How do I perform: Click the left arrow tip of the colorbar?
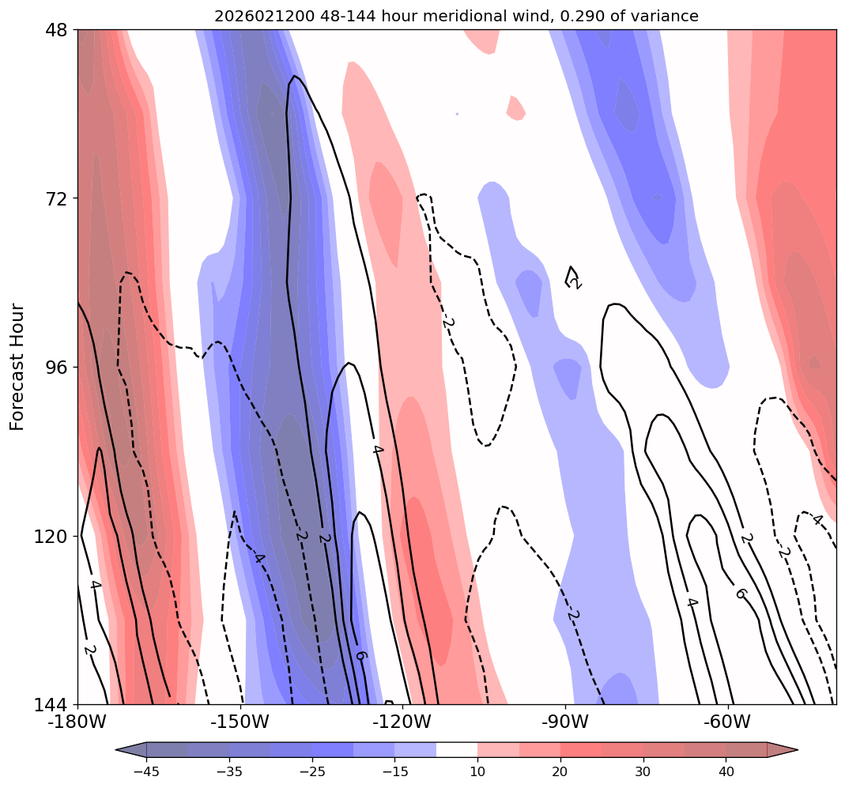tap(117, 749)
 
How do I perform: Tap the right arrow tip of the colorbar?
tap(796, 749)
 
